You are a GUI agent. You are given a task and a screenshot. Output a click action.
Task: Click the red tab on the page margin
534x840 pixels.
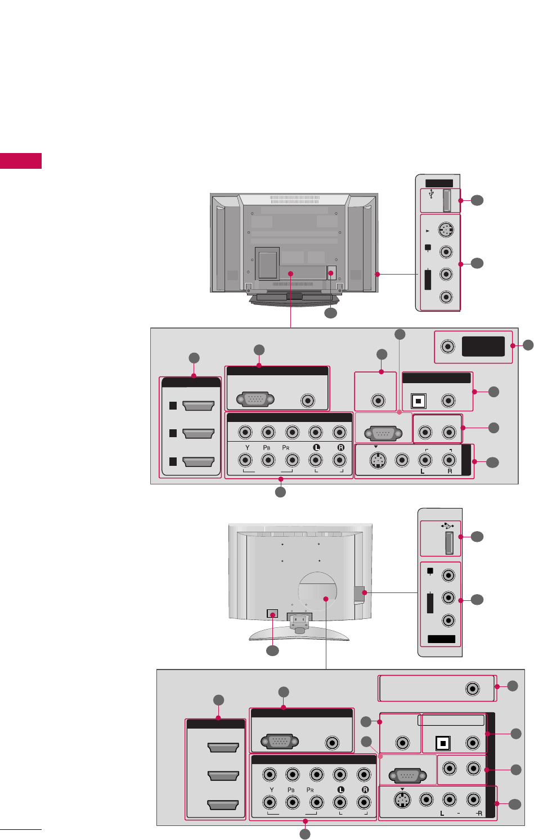(21, 160)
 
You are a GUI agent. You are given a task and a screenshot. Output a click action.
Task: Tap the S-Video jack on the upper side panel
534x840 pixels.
(446, 230)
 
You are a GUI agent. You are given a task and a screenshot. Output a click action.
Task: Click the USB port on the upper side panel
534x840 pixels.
(446, 200)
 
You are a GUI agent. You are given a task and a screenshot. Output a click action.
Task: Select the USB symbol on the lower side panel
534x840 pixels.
(447, 526)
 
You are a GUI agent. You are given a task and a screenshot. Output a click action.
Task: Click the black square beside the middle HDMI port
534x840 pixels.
(173, 433)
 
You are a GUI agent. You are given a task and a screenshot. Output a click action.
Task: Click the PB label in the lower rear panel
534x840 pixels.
(291, 790)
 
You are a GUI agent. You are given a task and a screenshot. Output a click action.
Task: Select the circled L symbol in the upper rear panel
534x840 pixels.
(316, 448)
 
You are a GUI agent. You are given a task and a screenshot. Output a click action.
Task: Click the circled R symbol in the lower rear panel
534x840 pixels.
(365, 790)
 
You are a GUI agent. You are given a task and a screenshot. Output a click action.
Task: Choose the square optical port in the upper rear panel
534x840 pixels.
(418, 401)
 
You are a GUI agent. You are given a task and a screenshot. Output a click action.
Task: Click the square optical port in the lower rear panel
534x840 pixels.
(443, 743)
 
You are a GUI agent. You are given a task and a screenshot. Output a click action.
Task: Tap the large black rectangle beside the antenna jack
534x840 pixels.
(483, 346)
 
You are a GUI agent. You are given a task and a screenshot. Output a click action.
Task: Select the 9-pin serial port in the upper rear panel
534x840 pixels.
(383, 434)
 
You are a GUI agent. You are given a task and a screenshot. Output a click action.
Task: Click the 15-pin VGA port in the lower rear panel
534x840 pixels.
(280, 742)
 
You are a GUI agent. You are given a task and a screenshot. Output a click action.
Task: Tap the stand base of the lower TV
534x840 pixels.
(299, 635)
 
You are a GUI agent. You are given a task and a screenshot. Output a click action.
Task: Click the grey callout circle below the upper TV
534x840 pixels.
(330, 313)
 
